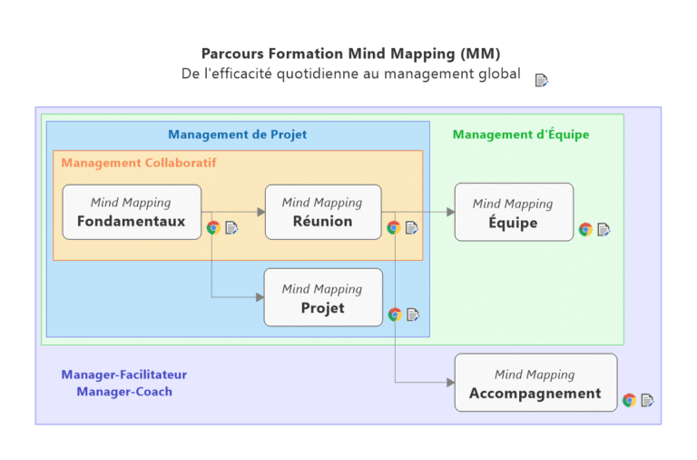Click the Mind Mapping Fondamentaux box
(132, 212)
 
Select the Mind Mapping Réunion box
(322, 212)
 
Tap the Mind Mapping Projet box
(322, 297)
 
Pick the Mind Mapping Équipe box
(513, 212)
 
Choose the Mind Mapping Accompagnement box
(535, 383)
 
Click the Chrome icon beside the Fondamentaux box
(213, 227)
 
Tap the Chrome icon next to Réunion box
(394, 227)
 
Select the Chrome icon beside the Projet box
(395, 315)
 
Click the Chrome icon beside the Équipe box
(585, 229)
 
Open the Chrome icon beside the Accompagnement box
(629, 400)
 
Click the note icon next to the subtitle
(542, 80)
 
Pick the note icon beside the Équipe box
(604, 229)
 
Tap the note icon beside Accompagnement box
(647, 400)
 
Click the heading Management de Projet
(238, 135)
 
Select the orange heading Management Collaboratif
(139, 163)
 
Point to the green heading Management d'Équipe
(521, 135)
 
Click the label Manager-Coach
(124, 392)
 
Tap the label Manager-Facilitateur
(124, 375)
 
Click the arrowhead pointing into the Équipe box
(450, 212)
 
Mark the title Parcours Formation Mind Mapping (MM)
(350, 54)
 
